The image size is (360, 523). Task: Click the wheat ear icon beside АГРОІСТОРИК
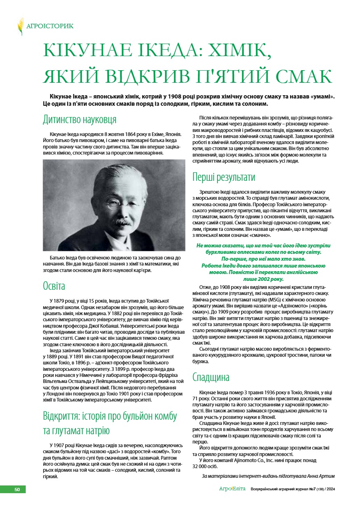[21, 26]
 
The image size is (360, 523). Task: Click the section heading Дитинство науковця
[80, 119]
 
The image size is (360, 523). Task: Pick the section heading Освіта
[54, 286]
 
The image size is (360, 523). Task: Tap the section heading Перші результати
[224, 177]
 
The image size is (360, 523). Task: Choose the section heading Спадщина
[211, 377]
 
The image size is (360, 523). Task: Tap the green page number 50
[17, 489]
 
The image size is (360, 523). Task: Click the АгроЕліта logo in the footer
[232, 489]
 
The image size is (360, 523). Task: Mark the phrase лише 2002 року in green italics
[264, 279]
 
